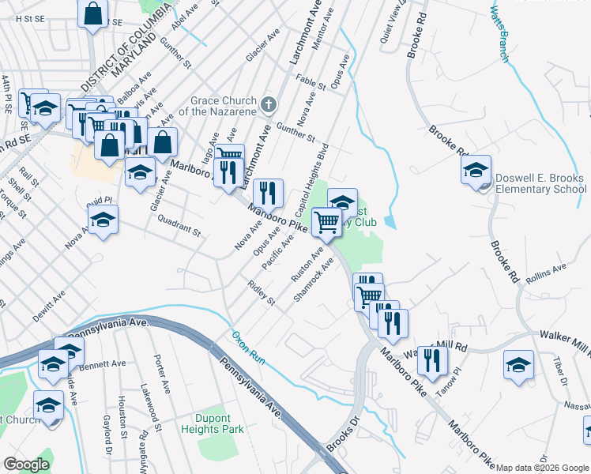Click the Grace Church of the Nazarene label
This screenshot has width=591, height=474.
224,106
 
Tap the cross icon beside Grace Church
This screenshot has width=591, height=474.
269,103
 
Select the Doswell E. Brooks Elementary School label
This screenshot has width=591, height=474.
540,184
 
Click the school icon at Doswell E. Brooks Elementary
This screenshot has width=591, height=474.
476,170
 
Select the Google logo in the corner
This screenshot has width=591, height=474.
26,465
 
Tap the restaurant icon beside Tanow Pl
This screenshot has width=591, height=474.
432,360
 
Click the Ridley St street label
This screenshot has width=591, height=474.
261,293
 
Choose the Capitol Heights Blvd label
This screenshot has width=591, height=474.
311,181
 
